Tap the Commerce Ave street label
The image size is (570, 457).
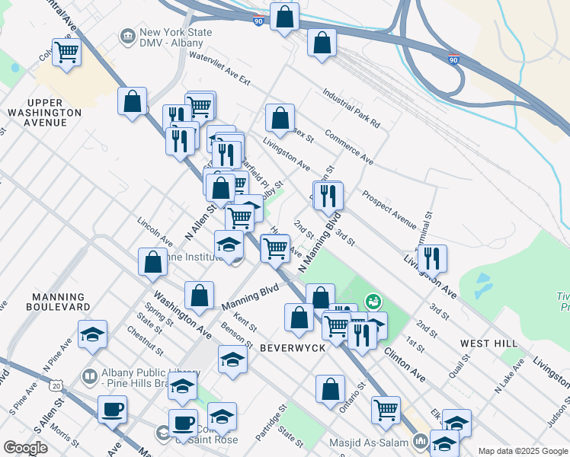point(348,147)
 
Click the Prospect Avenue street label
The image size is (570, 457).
point(389,209)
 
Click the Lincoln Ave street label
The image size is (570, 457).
point(155,232)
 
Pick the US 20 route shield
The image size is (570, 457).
point(56,386)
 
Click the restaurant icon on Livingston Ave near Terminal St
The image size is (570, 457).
point(432,258)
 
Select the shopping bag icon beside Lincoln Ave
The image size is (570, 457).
point(152,261)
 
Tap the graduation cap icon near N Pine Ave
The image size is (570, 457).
point(92,334)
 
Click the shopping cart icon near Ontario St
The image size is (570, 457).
point(386,409)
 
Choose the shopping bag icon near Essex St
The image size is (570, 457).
point(280,117)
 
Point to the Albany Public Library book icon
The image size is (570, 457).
point(90,376)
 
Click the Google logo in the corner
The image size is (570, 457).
point(26,447)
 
